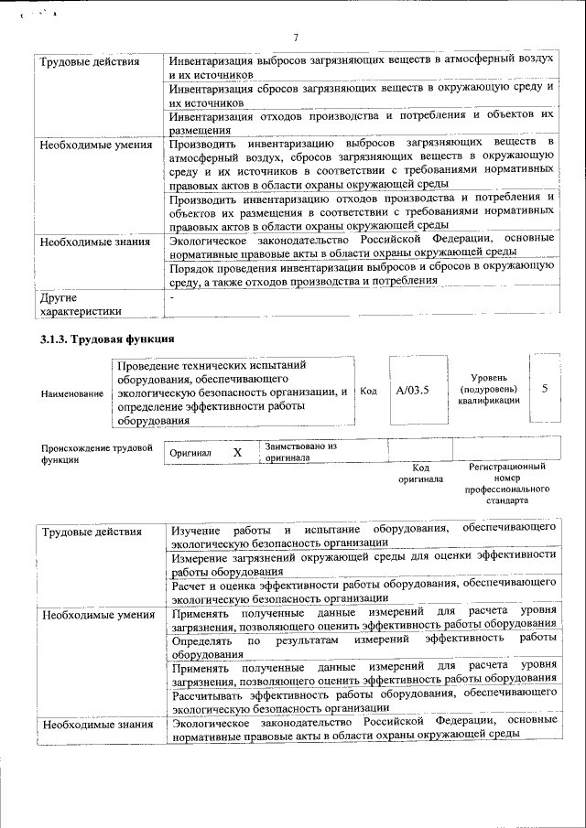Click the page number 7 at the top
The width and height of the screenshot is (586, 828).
coord(295,38)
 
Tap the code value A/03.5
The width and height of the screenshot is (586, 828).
coord(412,390)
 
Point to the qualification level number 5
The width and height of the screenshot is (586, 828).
coord(545,389)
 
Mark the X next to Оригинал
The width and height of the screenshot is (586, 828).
coord(237,453)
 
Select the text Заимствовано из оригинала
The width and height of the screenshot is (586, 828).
coord(301,451)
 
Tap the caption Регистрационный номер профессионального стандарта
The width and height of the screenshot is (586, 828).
coord(506,484)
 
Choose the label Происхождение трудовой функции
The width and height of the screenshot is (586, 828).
coord(96,454)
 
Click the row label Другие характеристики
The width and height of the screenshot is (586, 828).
coord(81,304)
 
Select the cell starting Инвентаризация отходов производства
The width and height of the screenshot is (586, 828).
coord(363,123)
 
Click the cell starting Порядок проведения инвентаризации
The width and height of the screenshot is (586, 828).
coord(363,273)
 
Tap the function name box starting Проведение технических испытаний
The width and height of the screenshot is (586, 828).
coord(233,392)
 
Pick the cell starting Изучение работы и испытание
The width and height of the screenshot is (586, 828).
coord(363,535)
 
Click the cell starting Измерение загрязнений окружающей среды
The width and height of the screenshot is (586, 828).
coord(363,561)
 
